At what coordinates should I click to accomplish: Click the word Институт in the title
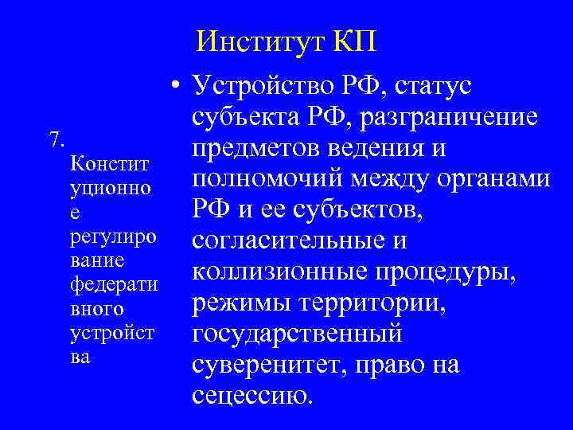click(257, 39)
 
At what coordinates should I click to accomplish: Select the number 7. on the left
click(57, 139)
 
